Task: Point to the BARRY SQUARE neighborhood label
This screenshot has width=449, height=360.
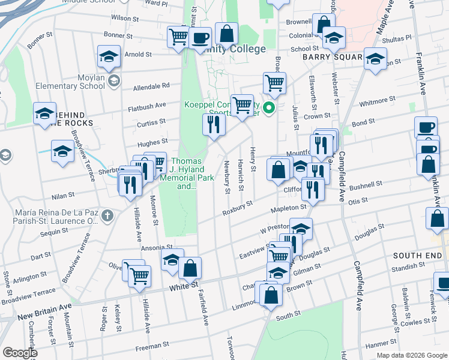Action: tap(332, 57)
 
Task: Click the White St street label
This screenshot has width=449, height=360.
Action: tap(179, 287)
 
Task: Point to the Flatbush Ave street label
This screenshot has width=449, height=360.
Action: tap(146, 106)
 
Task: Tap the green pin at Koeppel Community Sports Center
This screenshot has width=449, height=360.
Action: tap(270, 109)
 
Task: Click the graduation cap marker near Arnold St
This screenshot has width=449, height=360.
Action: tap(109, 58)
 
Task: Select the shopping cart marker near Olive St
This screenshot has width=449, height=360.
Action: tap(139, 275)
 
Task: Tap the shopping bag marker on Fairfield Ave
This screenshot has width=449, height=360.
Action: tap(190, 269)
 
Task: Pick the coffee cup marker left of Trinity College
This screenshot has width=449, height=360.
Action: tap(200, 38)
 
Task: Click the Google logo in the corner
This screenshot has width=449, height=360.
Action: tap(19, 353)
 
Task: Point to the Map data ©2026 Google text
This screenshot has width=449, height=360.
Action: tap(411, 355)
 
